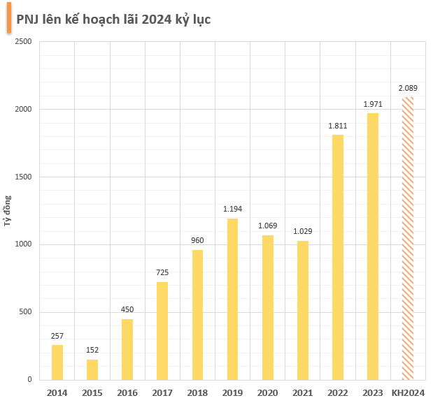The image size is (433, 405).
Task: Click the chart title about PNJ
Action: click(113, 19)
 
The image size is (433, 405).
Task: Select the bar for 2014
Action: click(57, 362)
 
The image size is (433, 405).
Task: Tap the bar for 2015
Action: click(92, 369)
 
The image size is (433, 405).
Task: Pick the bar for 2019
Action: click(232, 299)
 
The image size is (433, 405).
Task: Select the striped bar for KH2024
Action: click(408, 238)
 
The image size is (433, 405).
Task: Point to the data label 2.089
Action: click(408, 88)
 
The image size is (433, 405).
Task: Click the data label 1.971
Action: click(373, 104)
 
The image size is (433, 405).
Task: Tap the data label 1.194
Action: click(232, 209)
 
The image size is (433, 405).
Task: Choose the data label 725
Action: click(162, 272)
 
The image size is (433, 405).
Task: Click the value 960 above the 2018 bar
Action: click(197, 241)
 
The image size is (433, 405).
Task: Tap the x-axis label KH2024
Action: click(408, 392)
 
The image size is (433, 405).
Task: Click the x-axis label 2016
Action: click(127, 392)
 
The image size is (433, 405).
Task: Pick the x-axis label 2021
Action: click(302, 392)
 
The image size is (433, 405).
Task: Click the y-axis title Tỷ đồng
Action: click(8, 210)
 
